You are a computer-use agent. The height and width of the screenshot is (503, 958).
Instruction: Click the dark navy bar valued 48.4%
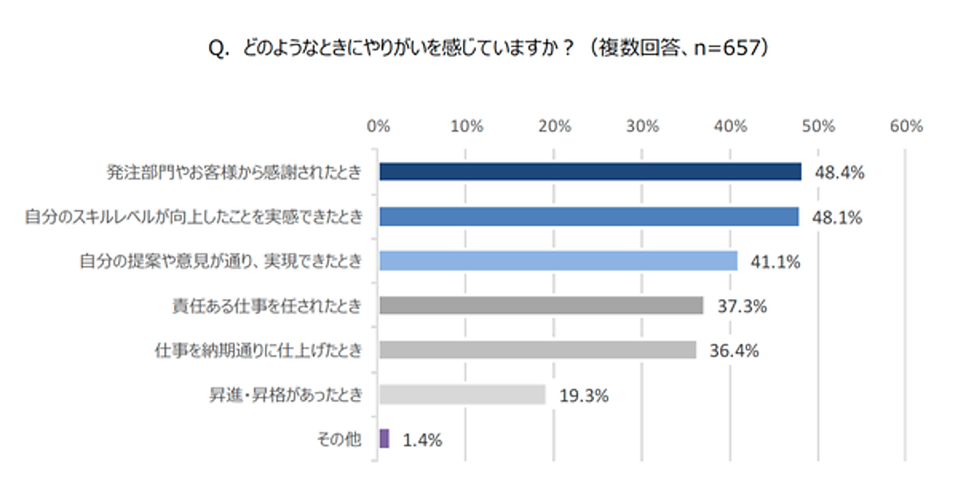click(x=590, y=172)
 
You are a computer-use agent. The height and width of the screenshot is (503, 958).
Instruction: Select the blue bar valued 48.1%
click(x=588, y=216)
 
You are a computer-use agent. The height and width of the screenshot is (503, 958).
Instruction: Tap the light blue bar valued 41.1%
click(x=558, y=261)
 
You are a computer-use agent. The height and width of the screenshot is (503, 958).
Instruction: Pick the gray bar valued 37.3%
click(x=540, y=305)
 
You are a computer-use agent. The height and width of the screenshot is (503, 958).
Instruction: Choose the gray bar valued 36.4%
click(x=537, y=350)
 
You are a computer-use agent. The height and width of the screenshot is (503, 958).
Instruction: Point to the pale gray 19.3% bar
click(x=462, y=394)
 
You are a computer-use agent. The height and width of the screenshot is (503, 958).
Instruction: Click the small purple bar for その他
click(x=385, y=438)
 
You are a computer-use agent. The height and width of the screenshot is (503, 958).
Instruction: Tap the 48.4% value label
click(x=839, y=172)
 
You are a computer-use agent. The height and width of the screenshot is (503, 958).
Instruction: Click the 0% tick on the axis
click(x=378, y=126)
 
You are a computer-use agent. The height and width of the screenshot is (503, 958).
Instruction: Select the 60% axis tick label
click(x=906, y=126)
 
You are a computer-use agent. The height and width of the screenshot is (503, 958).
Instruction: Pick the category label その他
click(x=340, y=439)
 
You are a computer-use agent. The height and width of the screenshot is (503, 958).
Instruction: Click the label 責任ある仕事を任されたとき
click(x=267, y=306)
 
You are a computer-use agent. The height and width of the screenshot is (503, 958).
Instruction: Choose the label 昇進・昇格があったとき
click(x=284, y=394)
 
